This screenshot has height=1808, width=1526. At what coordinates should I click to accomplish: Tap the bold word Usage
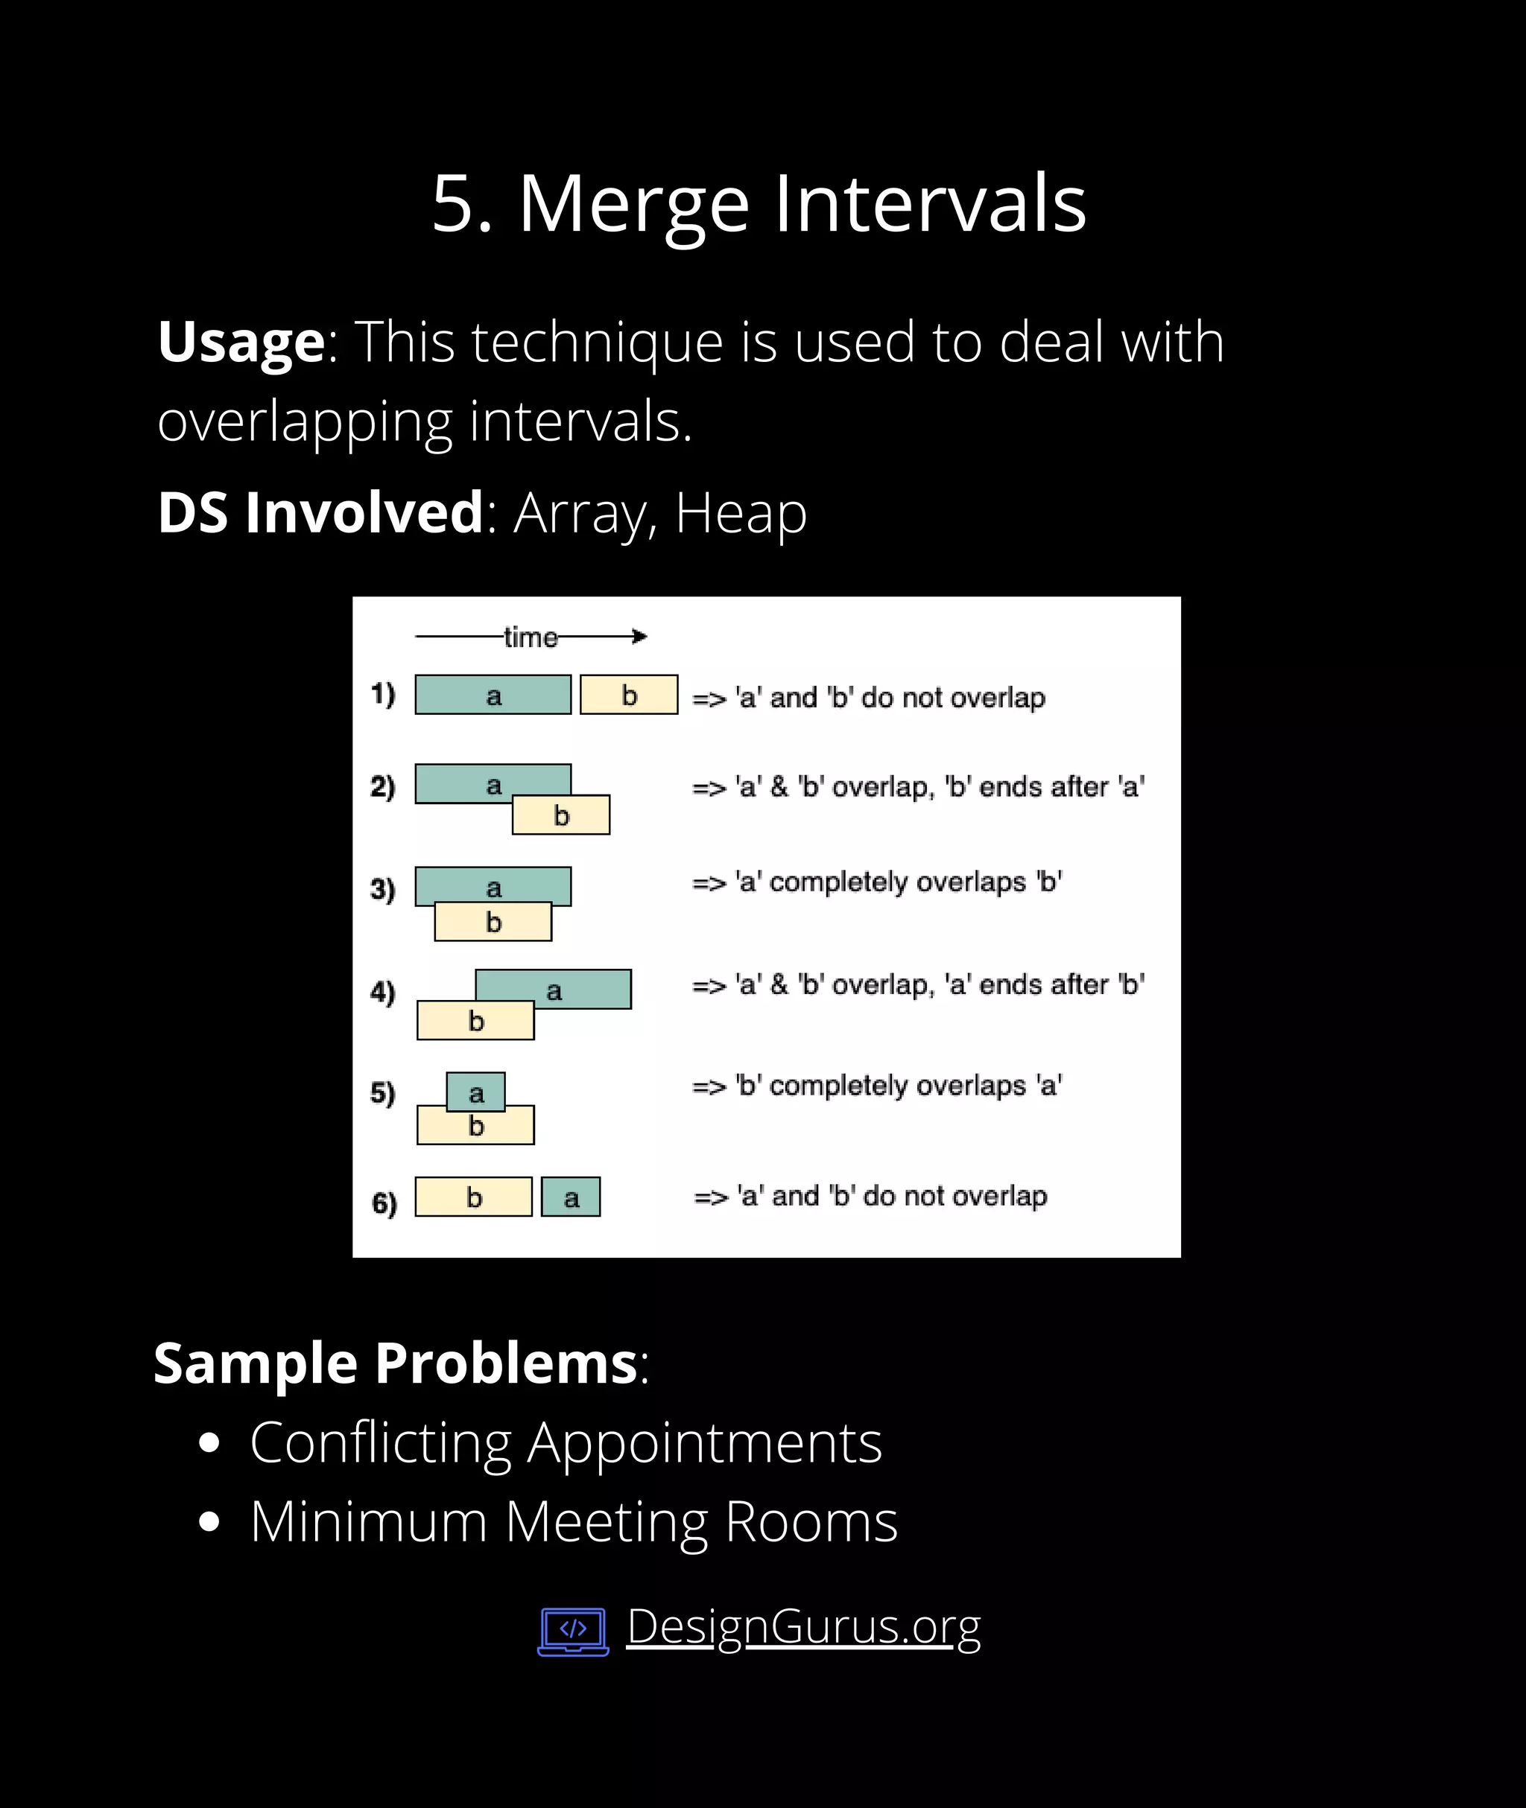click(241, 342)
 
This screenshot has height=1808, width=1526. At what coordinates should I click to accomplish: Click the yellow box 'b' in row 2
click(560, 815)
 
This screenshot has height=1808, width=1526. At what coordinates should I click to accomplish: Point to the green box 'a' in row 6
click(571, 1197)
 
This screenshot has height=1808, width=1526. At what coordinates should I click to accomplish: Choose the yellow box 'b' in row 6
click(473, 1197)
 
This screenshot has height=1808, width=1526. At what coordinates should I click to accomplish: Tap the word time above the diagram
click(531, 637)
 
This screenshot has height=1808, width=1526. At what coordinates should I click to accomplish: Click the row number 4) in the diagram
click(382, 992)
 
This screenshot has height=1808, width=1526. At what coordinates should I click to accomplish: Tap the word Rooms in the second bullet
click(811, 1522)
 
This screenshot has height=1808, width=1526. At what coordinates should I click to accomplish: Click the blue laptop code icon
click(573, 1631)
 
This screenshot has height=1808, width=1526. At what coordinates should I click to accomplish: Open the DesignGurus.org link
click(802, 1626)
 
